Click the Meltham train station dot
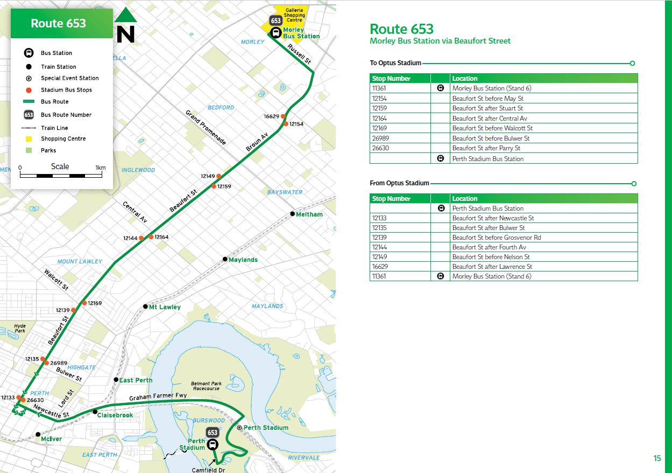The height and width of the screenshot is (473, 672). (293, 214)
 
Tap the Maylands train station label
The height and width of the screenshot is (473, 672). (243, 260)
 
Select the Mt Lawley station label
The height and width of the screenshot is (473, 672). (165, 307)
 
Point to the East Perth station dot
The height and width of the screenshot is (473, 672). (116, 380)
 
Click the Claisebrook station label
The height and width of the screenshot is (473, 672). (115, 415)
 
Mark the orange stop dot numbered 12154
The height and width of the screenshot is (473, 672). (286, 124)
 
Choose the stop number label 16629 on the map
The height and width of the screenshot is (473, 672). (271, 116)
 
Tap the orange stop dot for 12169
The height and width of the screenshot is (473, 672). (84, 303)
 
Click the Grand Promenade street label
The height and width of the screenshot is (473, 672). (206, 128)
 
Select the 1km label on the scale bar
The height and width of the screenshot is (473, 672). (100, 168)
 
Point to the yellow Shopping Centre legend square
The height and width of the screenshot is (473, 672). (29, 138)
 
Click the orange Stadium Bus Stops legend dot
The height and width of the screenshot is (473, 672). (29, 90)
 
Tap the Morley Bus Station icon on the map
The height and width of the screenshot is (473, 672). (275, 32)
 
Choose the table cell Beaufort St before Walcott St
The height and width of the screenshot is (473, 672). (492, 128)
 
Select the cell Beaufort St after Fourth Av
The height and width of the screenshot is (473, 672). (489, 247)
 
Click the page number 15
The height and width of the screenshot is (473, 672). (657, 458)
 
